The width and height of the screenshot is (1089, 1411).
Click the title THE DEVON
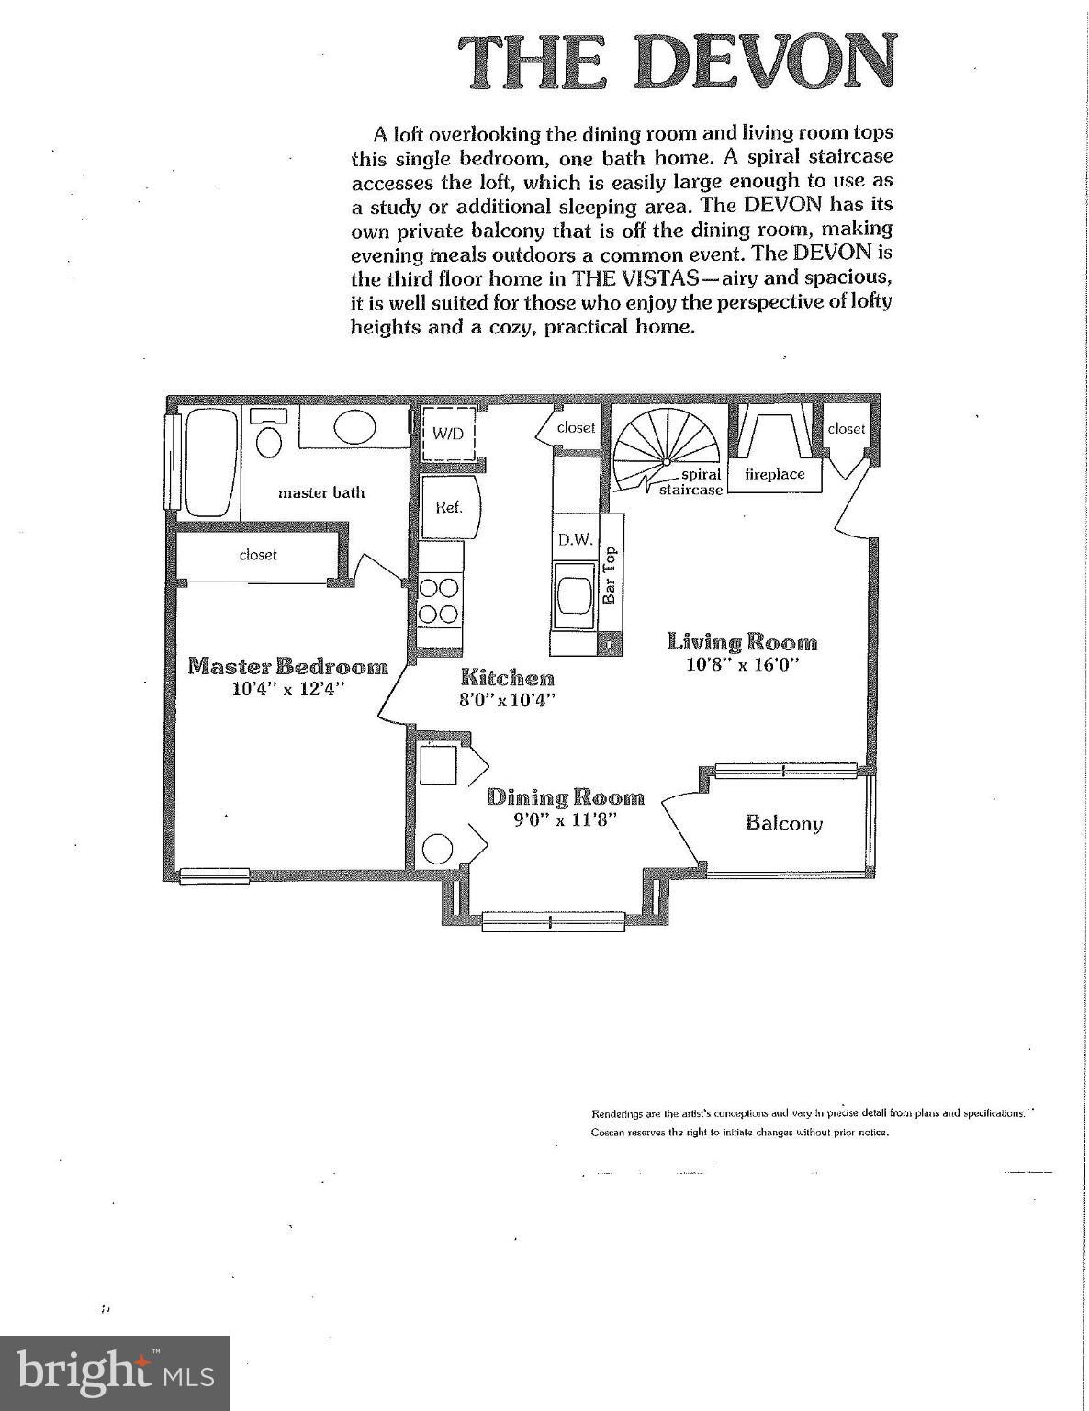677,62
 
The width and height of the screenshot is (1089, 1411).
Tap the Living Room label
742,642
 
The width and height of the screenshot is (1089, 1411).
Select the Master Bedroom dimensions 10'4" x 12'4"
287,688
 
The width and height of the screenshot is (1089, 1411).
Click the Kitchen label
507,678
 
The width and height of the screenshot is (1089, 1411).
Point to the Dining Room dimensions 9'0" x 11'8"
565,818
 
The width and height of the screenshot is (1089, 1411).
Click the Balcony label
783,823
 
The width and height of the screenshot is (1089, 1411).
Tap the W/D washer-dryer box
448,434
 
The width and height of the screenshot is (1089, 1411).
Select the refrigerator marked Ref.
448,506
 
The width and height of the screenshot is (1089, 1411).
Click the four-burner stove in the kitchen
439,601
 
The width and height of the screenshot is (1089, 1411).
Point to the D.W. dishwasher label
575,540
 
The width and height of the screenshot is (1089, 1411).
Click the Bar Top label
610,576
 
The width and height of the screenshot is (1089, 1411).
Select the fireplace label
774,474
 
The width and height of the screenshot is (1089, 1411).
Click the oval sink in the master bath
353,427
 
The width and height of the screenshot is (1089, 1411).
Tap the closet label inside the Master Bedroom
258,555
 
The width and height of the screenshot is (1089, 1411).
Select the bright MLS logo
115,1372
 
